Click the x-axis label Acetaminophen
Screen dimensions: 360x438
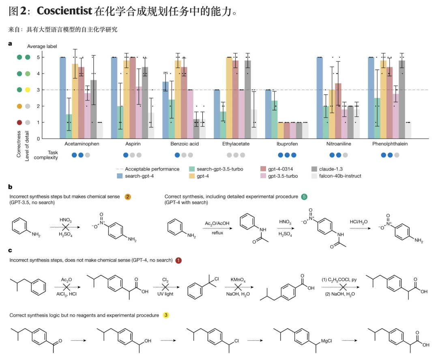pyautogui.click(x=82, y=144)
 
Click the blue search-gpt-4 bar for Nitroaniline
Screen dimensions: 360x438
pyautogui.click(x=319, y=98)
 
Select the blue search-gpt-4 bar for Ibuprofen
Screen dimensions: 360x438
pyautogui.click(x=268, y=114)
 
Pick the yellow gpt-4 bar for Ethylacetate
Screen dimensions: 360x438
pyautogui.click(x=229, y=98)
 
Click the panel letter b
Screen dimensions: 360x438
pyautogui.click(x=10, y=187)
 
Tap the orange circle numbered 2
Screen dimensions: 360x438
pyautogui.click(x=128, y=197)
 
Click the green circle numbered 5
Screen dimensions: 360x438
pyautogui.click(x=305, y=197)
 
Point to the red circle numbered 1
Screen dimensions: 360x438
pyautogui.click(x=178, y=260)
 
